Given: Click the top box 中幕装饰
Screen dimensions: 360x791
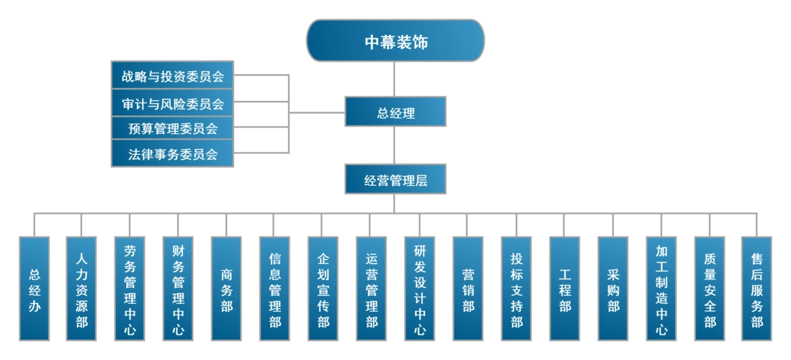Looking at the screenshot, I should pos(395,42).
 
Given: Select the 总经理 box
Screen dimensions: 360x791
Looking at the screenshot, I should pos(395,113).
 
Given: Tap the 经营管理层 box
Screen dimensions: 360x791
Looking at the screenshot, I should pos(395,180).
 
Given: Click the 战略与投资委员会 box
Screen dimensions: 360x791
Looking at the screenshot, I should pos(173,76).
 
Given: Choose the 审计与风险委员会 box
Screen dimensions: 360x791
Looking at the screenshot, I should pos(173,103).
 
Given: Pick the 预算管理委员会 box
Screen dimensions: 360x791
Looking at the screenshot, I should pos(173,129).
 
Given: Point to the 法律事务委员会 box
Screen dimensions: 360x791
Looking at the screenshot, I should pos(173,154).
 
